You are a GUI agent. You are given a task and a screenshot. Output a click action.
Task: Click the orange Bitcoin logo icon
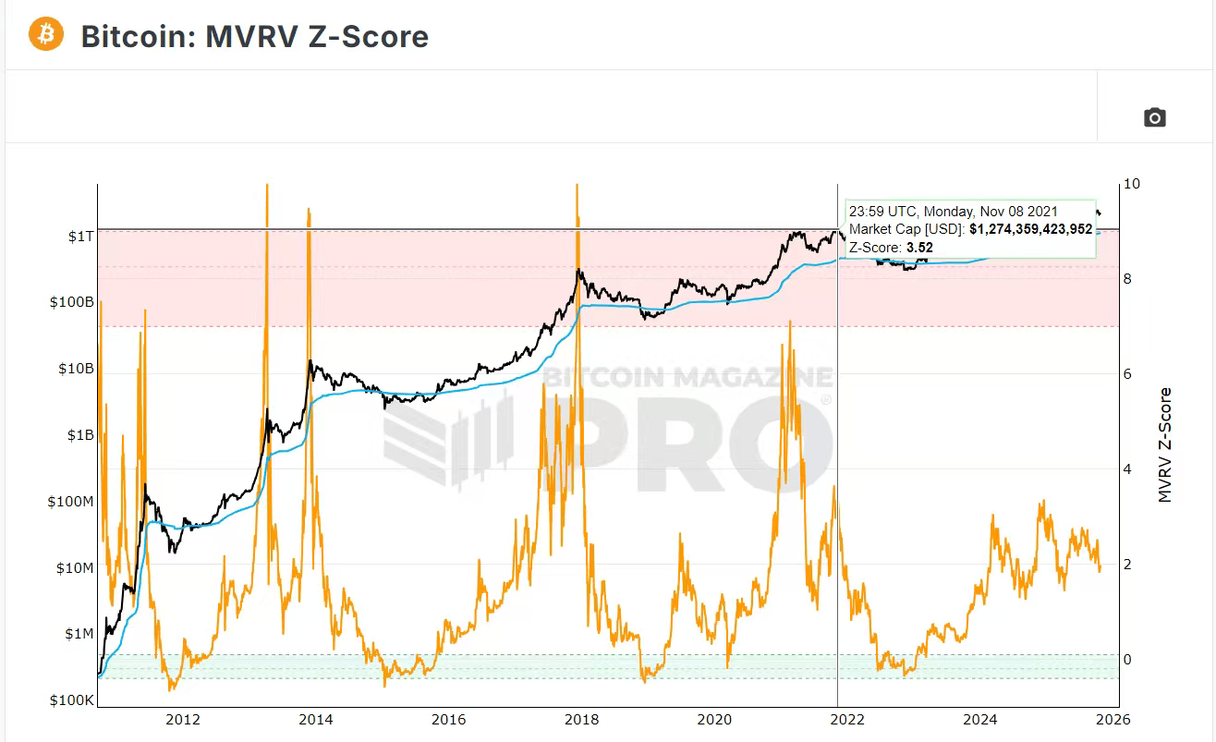(45, 35)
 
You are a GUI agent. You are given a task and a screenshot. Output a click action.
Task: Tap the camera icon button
(1154, 117)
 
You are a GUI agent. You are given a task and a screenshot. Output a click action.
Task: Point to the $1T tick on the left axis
(80, 237)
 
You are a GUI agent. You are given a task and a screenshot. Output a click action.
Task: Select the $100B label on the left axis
(73, 302)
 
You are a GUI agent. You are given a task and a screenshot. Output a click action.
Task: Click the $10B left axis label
(77, 369)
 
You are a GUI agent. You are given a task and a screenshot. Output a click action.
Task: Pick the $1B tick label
(80, 435)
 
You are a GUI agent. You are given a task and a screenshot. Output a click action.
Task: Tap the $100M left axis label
(72, 502)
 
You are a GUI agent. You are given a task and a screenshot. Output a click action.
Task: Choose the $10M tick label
(76, 567)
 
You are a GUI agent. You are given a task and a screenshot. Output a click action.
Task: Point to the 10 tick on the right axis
(1131, 184)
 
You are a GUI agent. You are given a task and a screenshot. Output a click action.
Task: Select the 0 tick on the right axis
(1127, 660)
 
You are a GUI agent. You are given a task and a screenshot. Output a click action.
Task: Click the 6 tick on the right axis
(1127, 374)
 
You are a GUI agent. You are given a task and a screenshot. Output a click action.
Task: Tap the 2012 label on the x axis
(183, 719)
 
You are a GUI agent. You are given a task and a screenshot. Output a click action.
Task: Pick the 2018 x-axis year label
(582, 719)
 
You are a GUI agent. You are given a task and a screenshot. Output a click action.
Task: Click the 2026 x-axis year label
(1114, 719)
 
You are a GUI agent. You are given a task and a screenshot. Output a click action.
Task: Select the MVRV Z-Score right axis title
(1165, 444)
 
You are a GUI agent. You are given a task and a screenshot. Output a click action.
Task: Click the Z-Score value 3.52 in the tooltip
(918, 247)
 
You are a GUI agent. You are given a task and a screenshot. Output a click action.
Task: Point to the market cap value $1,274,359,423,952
(1030, 229)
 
